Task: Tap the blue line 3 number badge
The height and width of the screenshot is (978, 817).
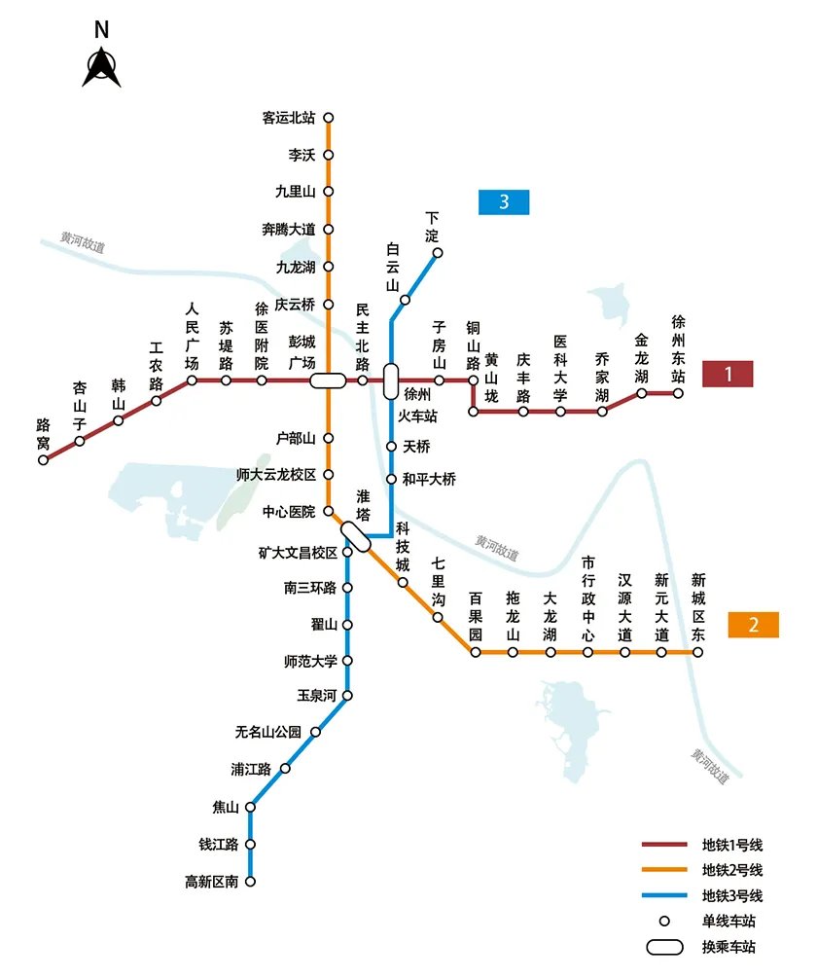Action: point(504,202)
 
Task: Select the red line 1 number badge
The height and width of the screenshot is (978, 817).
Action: point(727,373)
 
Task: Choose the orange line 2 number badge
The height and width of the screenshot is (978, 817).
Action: point(753,625)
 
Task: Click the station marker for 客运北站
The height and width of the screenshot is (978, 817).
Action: point(328,118)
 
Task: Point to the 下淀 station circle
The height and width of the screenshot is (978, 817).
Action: point(438,253)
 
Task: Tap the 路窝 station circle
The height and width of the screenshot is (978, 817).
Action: point(43,459)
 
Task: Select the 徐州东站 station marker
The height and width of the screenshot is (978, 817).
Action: point(678,393)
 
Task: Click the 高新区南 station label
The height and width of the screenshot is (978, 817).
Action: point(211,882)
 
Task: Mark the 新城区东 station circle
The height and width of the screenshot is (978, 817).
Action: point(697,652)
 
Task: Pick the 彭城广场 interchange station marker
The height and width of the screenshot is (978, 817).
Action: point(328,380)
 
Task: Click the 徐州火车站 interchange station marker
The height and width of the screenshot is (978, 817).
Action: point(391,380)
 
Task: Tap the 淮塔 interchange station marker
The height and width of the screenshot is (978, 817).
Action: point(355,536)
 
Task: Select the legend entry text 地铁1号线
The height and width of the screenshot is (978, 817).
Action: point(731,845)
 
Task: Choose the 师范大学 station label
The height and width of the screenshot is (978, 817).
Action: point(310,661)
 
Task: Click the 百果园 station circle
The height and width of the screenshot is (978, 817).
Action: point(476,652)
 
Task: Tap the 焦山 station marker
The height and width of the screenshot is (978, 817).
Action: point(251,807)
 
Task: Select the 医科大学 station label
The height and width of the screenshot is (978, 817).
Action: point(560,369)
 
